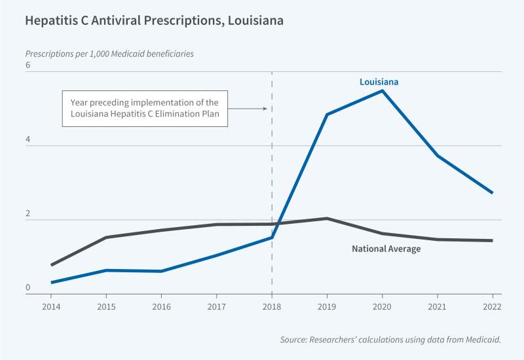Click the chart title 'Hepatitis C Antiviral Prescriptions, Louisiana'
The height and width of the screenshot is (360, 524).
154,20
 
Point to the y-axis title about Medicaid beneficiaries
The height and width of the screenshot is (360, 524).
109,54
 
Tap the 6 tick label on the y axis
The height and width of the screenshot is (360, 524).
28,65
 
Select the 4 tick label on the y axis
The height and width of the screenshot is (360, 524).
28,139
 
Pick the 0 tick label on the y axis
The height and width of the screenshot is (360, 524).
28,287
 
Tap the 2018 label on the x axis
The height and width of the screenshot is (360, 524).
272,306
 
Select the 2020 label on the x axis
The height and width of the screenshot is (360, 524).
382,306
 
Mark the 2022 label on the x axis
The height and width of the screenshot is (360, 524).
492,306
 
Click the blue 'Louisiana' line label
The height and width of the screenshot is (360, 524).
379,82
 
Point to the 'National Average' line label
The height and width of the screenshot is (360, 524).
386,249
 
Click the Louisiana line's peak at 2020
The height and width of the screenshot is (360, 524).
382,90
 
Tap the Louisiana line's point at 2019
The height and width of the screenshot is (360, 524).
327,115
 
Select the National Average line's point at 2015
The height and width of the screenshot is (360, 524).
106,237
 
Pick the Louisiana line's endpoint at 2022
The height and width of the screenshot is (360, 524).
492,192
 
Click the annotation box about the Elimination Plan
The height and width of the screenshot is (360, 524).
145,109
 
